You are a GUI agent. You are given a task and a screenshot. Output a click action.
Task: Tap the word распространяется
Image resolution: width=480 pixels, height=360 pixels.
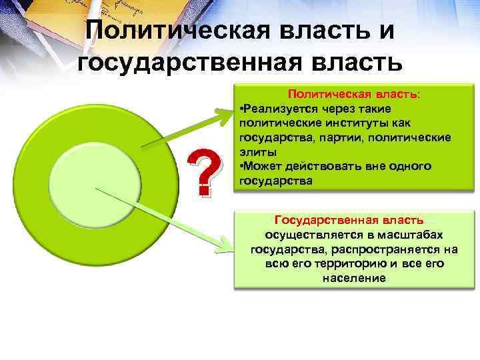pos(394,249)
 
